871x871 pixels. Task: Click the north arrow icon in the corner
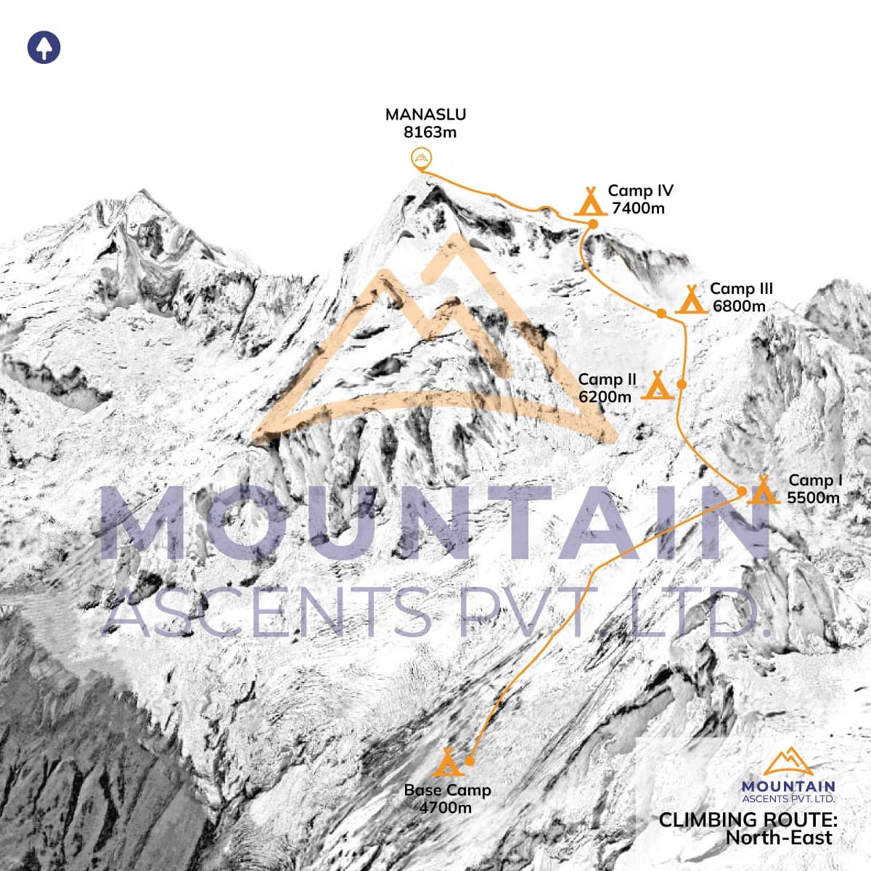pyautogui.click(x=44, y=48)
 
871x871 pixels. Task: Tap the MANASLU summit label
pyautogui.click(x=425, y=114)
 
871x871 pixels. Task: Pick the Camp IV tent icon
pyautogui.click(x=590, y=201)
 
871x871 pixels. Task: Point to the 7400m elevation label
pyautogui.click(x=638, y=208)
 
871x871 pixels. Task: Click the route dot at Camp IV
pyautogui.click(x=592, y=224)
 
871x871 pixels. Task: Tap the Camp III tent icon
pyautogui.click(x=692, y=299)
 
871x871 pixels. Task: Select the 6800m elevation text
pyautogui.click(x=739, y=306)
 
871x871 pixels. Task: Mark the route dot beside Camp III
pyautogui.click(x=661, y=313)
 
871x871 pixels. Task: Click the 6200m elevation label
pyautogui.click(x=605, y=396)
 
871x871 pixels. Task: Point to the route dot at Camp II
pyautogui.click(x=682, y=383)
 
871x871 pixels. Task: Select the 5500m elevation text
pyautogui.click(x=813, y=497)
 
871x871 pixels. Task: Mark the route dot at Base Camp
pyautogui.click(x=469, y=761)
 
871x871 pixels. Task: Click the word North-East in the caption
pyautogui.click(x=780, y=838)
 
